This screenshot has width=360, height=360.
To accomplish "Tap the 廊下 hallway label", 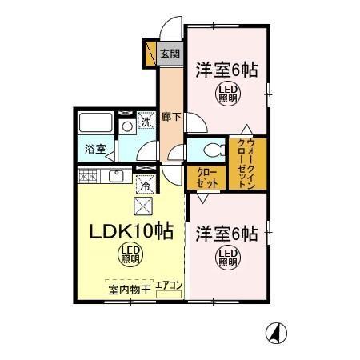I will (170, 117).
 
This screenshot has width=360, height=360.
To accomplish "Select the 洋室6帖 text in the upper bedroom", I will (227, 69).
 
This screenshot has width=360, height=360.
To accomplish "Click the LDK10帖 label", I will (130, 232).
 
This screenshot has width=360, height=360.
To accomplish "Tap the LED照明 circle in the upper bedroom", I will (228, 95).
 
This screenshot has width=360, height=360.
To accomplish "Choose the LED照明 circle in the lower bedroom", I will (228, 258).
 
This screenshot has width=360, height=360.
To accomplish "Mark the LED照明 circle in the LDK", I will (130, 256).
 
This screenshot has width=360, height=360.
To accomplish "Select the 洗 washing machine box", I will (146, 122).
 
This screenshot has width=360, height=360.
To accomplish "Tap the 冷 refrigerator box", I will (146, 184).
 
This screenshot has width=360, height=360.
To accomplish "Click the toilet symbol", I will (210, 150).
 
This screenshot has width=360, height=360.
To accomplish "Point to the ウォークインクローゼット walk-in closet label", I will (246, 163).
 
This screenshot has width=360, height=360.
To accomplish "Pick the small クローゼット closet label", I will (206, 177).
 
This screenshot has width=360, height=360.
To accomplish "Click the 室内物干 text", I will (129, 288).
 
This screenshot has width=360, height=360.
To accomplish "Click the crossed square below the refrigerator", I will (145, 206).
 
